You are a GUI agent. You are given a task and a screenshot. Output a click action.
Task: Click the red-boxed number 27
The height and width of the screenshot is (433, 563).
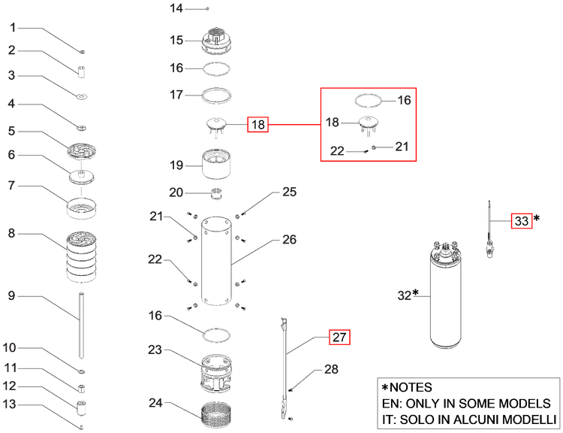339,338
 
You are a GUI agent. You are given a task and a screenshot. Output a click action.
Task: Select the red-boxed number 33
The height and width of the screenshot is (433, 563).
522,220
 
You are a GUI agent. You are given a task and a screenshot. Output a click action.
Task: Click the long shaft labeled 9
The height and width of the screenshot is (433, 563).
82,325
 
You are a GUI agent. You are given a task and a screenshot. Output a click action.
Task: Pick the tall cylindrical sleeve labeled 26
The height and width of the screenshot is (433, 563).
216,261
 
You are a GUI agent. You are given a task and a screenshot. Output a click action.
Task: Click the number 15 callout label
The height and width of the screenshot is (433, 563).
176,40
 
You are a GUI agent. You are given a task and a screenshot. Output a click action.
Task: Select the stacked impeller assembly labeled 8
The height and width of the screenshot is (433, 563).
82,256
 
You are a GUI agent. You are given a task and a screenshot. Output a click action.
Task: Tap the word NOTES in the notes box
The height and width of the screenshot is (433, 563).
411,387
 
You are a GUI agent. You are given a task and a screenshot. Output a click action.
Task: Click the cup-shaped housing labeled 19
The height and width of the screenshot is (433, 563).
216,164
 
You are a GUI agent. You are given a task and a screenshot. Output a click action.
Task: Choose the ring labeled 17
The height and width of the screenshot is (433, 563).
216,95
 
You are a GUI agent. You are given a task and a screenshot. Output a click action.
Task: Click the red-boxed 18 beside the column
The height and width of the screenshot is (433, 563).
257,125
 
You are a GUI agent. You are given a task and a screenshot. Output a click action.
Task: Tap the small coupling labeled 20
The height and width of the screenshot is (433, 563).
216,193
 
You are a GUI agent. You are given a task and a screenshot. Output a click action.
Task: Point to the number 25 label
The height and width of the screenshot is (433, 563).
290,192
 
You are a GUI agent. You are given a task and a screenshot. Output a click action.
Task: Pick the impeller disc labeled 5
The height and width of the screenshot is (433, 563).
82,150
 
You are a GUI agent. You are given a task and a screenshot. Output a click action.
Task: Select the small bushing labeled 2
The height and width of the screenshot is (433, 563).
83,71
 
